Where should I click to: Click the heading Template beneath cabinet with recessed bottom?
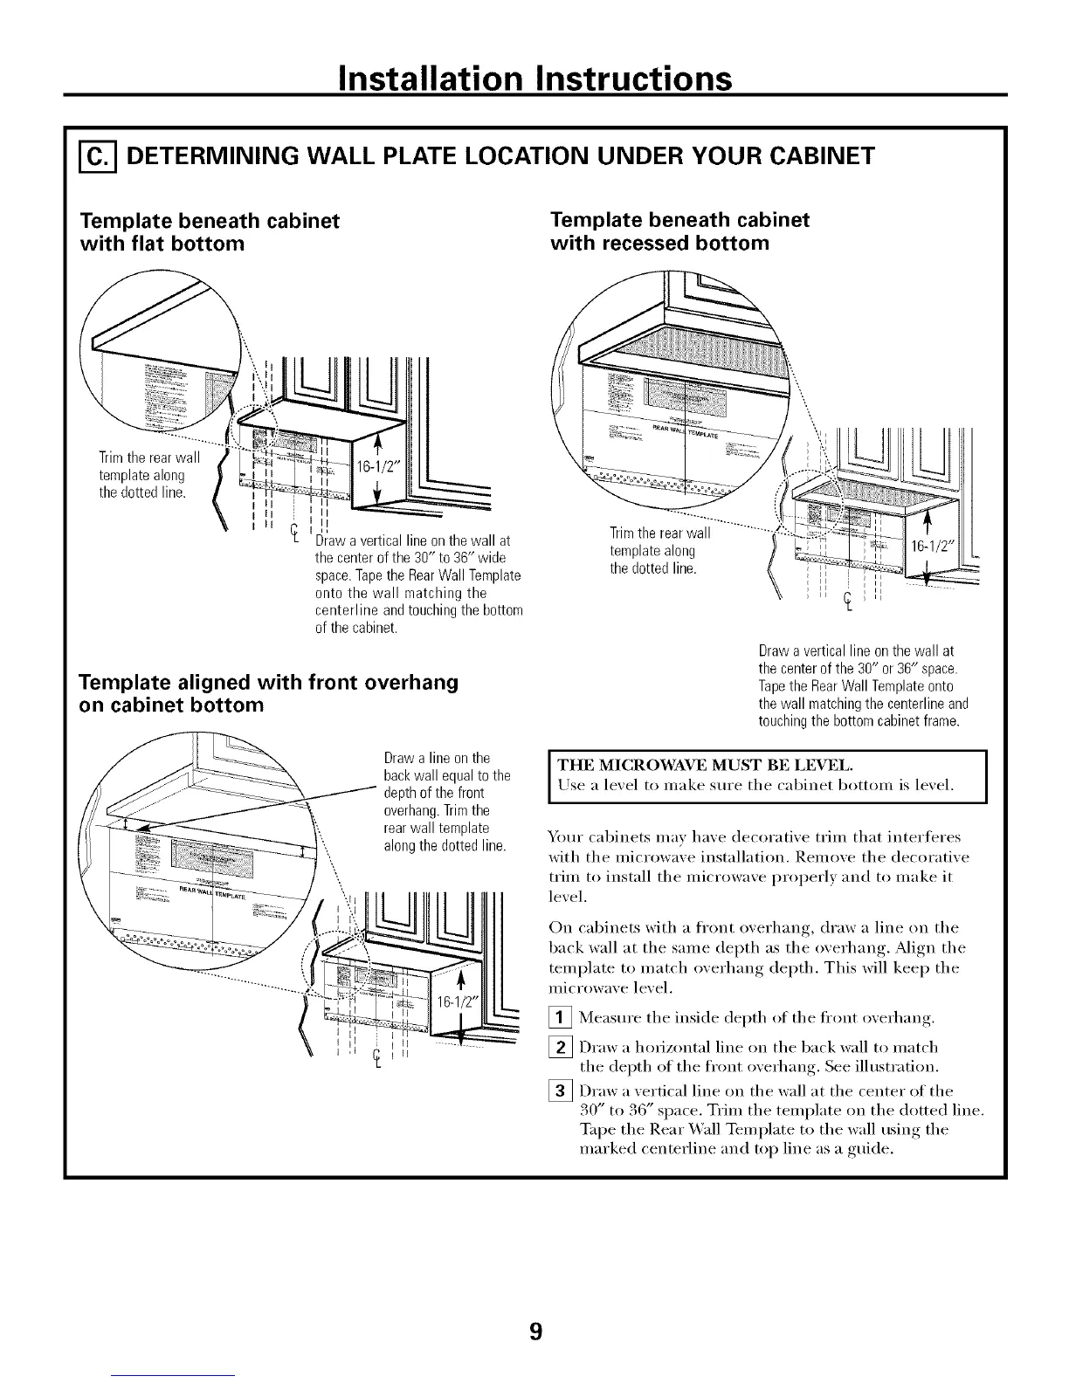[x=679, y=230]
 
